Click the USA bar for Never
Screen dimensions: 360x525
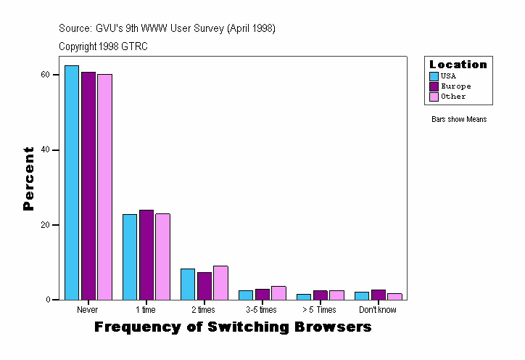point(72,182)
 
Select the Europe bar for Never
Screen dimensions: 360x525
point(88,186)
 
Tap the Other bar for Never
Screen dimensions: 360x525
point(105,187)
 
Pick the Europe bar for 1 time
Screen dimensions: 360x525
point(146,255)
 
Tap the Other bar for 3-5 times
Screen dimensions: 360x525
point(278,293)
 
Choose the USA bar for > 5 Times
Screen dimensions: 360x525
point(304,297)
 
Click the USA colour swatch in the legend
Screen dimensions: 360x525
point(434,76)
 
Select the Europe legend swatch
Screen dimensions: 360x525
point(434,86)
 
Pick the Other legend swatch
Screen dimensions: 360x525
point(434,97)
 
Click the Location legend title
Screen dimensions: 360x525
point(458,65)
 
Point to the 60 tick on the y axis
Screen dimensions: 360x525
point(45,75)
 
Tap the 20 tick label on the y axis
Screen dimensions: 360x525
point(45,225)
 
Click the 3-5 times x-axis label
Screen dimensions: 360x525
point(262,310)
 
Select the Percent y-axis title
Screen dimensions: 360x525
point(29,179)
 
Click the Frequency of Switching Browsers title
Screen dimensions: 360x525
point(233,327)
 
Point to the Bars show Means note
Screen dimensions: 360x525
point(459,119)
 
